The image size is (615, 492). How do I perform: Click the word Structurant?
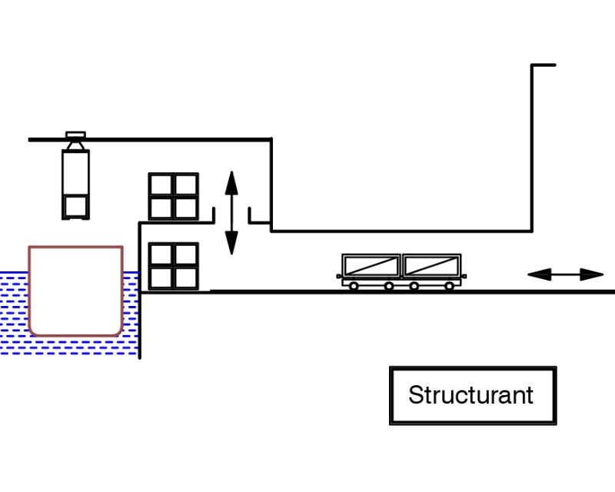coord(470,395)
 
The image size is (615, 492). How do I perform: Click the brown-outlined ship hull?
coord(75,291)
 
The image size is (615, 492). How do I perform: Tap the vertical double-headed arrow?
coord(231,213)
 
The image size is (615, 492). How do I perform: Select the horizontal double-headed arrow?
coord(565,274)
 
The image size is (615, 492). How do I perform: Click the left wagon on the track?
coord(371,266)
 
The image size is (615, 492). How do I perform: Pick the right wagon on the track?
coord(431,266)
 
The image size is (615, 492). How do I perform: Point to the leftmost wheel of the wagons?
coord(353,286)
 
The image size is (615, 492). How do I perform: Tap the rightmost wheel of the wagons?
coord(449,286)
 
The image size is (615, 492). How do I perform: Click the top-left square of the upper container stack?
coord(161,185)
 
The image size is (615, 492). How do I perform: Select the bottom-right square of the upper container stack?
coord(185,208)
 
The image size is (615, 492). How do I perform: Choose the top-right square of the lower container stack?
coord(185,254)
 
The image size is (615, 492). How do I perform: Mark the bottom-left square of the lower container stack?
coord(161,277)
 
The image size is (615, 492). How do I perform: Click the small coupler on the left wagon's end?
coord(339,275)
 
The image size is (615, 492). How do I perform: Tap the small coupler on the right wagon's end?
coord(464,275)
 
